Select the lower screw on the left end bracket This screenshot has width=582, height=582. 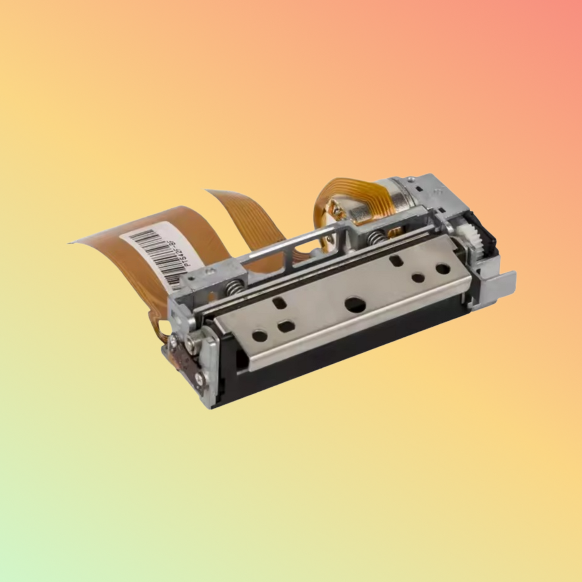point(199,377)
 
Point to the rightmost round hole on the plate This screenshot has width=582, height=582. point(443,268)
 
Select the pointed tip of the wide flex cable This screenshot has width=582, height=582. point(69,242)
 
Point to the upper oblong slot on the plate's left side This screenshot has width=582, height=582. point(278,301)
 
